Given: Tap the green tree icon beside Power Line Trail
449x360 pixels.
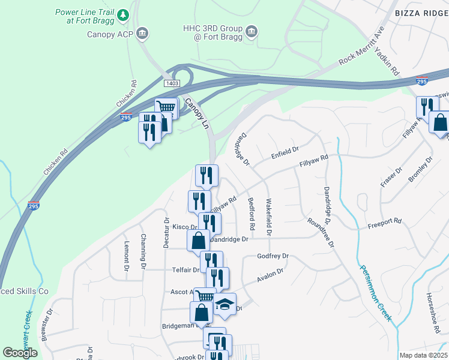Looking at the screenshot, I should tap(123, 13).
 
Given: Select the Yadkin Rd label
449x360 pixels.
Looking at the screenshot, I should tap(387, 62).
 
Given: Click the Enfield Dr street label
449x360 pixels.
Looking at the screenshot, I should tap(285, 148).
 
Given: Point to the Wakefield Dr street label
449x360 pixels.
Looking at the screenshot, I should tap(269, 216).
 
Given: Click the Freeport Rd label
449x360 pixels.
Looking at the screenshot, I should tap(384, 221).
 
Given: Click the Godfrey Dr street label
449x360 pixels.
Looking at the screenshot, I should tap(273, 256).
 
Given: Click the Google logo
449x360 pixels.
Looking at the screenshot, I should tap(20, 353).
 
